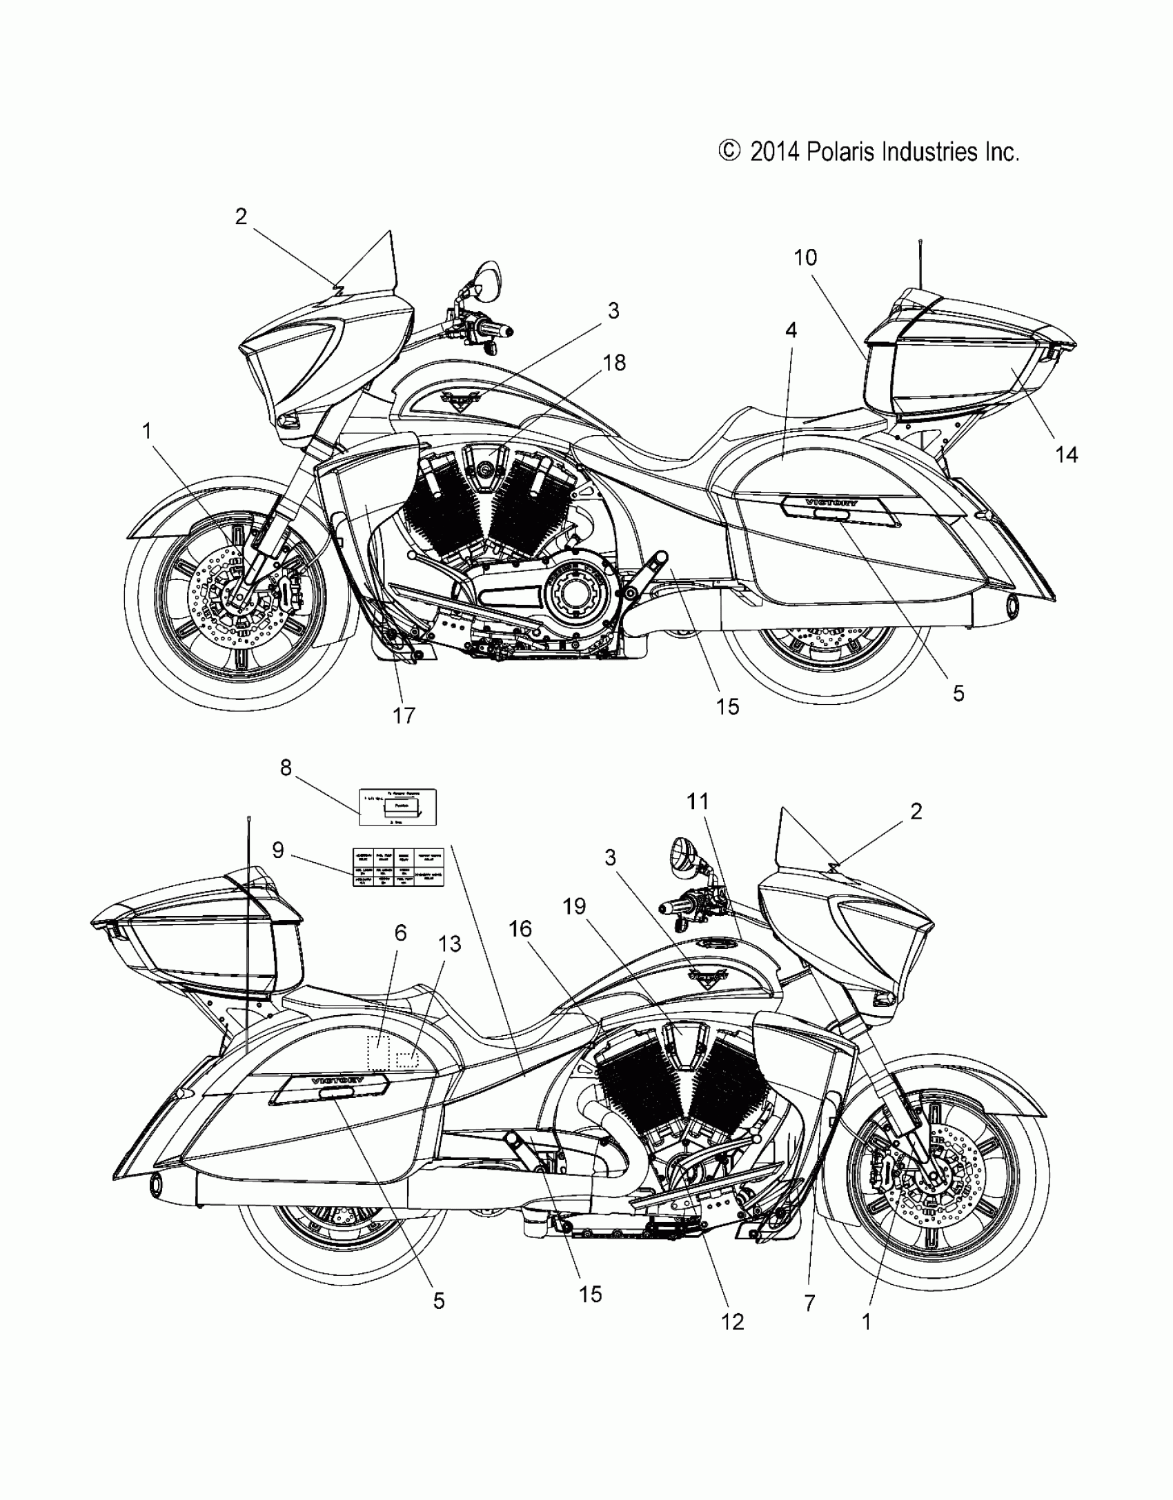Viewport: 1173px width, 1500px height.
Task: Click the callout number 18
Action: [x=614, y=362]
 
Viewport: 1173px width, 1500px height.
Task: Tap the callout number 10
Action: [x=805, y=258]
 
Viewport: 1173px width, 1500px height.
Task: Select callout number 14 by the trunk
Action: [x=1067, y=454]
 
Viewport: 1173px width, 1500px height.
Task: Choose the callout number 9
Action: [x=278, y=850]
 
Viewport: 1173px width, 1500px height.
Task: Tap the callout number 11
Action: [x=698, y=802]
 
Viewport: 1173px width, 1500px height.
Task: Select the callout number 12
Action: [x=732, y=1321]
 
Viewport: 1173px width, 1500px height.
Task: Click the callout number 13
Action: [x=450, y=943]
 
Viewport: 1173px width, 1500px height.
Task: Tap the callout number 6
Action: [x=400, y=933]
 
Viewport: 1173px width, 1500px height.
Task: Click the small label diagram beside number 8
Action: [x=398, y=806]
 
